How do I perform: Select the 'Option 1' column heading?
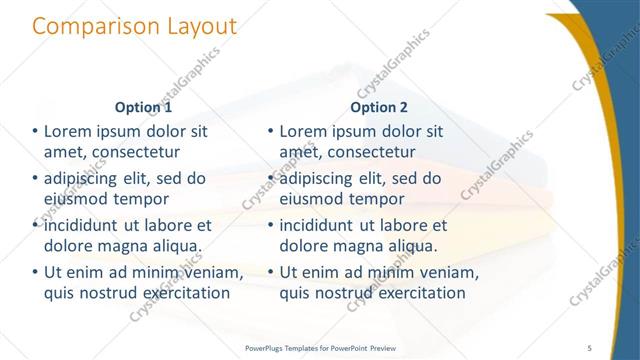coord(143,107)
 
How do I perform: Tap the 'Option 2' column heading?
coord(379,107)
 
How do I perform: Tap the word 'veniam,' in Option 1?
coord(213,273)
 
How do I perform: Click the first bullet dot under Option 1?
coord(35,132)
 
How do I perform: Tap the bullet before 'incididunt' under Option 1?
coord(35,226)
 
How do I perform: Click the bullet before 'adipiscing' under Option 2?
coord(271,180)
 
